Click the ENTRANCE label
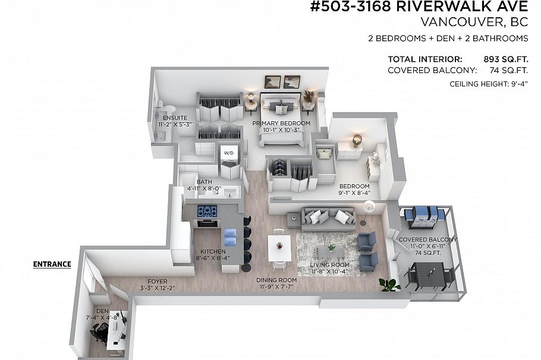coord(52,264)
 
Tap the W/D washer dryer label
coord(229,153)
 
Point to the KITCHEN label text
coord(212,251)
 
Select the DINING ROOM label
coord(276,280)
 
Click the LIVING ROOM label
coord(329,264)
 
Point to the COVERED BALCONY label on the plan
coord(427,239)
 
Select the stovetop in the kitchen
coord(207,211)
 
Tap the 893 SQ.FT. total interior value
coord(505,59)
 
